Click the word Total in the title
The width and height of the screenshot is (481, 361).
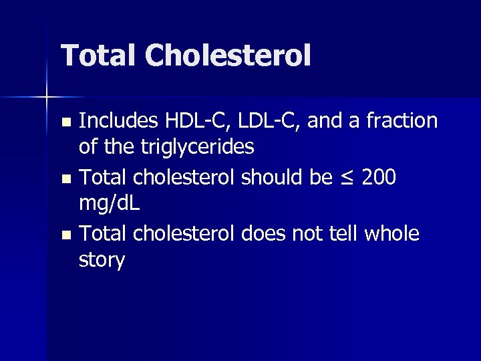click(x=100, y=55)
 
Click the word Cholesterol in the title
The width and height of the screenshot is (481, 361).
click(x=229, y=55)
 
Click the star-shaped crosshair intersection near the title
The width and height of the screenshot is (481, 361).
click(x=46, y=97)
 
